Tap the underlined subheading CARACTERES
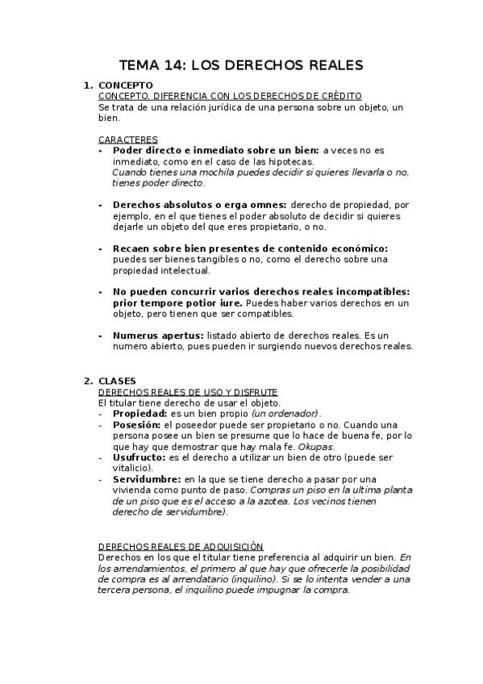128,140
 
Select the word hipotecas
289,161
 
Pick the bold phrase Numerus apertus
157,336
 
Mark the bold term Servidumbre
147,479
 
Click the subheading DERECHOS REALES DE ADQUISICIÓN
181,546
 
